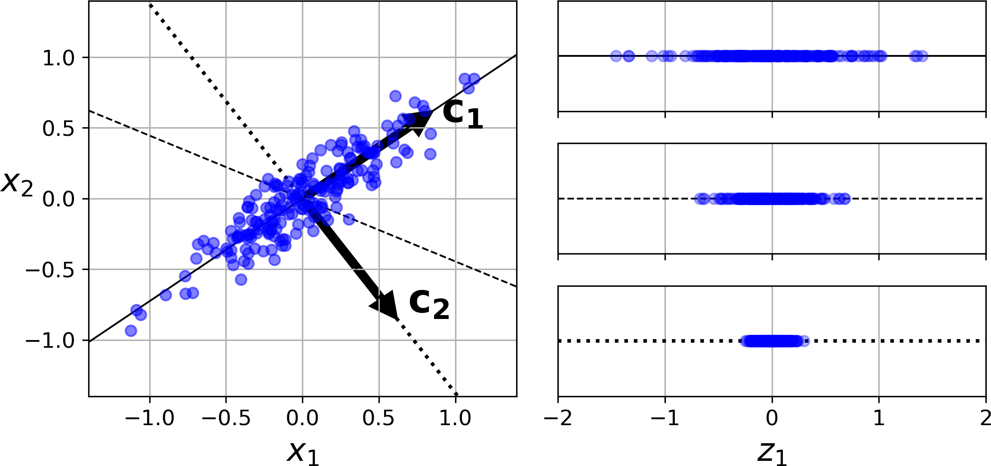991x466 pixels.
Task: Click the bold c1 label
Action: (463, 114)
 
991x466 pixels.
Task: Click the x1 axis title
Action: (303, 452)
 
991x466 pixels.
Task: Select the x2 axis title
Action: (17, 183)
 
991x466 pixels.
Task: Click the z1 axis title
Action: (772, 452)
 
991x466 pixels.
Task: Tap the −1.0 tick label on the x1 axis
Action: (150, 418)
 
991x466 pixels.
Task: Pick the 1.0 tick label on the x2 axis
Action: (58, 58)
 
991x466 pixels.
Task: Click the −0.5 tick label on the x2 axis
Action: (50, 270)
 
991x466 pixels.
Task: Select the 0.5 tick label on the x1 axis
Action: (379, 418)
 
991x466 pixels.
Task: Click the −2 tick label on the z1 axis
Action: (558, 418)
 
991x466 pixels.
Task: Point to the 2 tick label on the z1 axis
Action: (985, 418)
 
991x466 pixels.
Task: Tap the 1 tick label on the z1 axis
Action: (879, 418)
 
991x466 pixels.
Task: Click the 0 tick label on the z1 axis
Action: (772, 418)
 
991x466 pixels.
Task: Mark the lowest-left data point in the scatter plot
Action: (131, 331)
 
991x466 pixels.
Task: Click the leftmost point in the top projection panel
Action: (616, 56)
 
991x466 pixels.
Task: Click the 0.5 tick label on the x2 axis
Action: (58, 129)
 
